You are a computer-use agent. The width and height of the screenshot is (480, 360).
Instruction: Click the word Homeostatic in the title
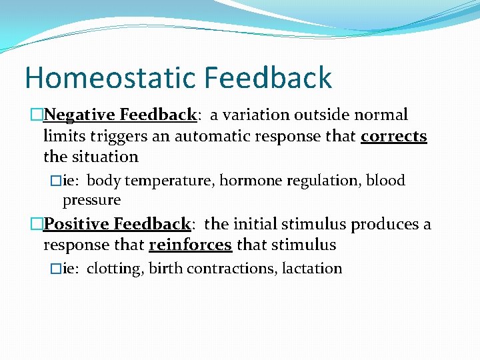tap(109, 77)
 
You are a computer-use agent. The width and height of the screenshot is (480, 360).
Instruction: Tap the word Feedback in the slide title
tap(267, 77)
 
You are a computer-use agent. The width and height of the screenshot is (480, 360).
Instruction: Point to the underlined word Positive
tap(77, 224)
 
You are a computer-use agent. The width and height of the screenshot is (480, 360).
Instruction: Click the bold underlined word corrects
tap(393, 136)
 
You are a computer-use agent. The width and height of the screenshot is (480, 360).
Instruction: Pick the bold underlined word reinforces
tap(190, 245)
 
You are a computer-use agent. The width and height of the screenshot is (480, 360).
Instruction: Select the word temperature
tap(170, 181)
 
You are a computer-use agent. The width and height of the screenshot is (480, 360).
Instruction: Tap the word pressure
tap(91, 200)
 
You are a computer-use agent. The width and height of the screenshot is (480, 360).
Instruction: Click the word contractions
tap(231, 269)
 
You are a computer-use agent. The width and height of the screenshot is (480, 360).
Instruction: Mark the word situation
tap(103, 157)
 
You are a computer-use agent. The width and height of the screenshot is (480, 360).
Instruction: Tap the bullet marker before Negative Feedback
tap(37, 115)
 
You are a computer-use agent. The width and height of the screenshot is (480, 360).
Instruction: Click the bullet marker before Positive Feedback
tap(37, 224)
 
